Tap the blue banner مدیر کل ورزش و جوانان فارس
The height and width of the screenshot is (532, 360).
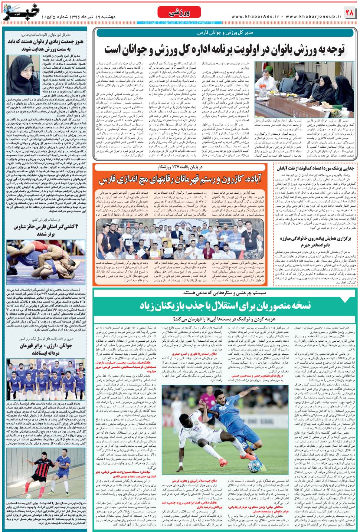pos(225,33)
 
